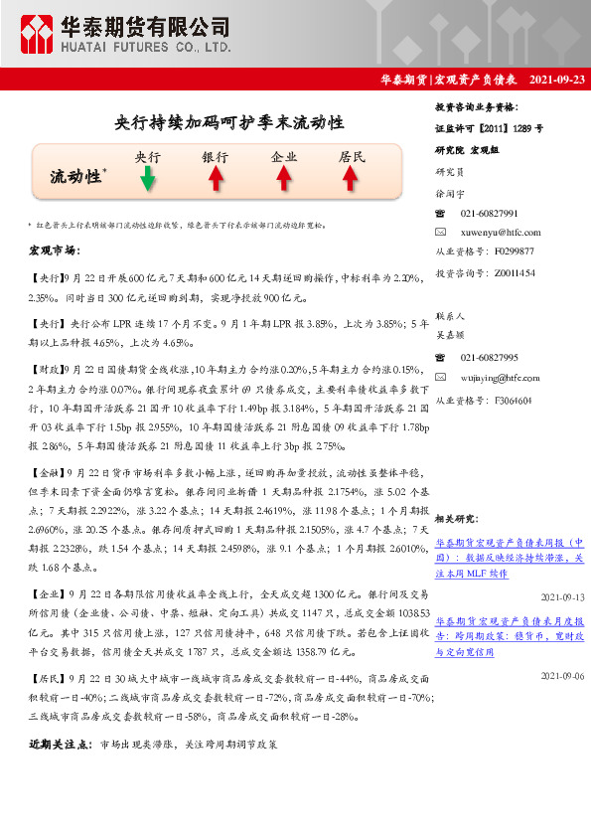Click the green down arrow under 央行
click(x=147, y=179)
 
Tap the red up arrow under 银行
click(x=215, y=179)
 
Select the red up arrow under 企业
click(x=283, y=179)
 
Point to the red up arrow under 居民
click(x=351, y=179)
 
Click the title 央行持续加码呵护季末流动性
click(x=229, y=122)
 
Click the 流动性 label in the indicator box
click(x=75, y=176)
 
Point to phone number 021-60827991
click(x=489, y=214)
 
